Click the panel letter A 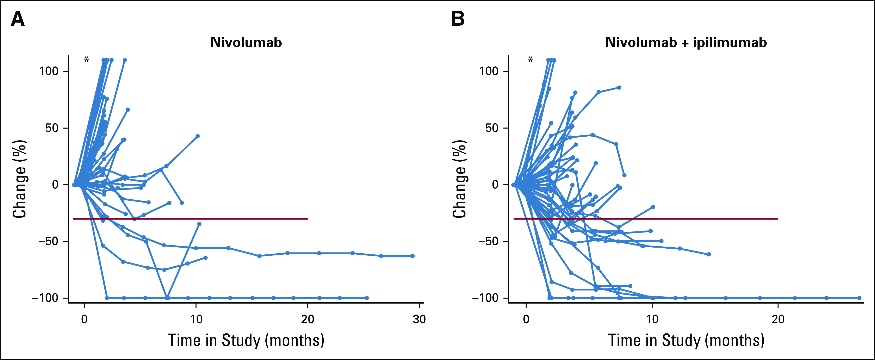click(x=18, y=19)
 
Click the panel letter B click(x=458, y=19)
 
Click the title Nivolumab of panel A click(x=246, y=42)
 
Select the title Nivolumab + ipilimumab click(x=686, y=42)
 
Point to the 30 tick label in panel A click(x=419, y=319)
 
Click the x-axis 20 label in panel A click(x=307, y=319)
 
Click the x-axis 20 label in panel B click(x=778, y=319)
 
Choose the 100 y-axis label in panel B click(x=489, y=71)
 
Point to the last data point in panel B click(x=859, y=298)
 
